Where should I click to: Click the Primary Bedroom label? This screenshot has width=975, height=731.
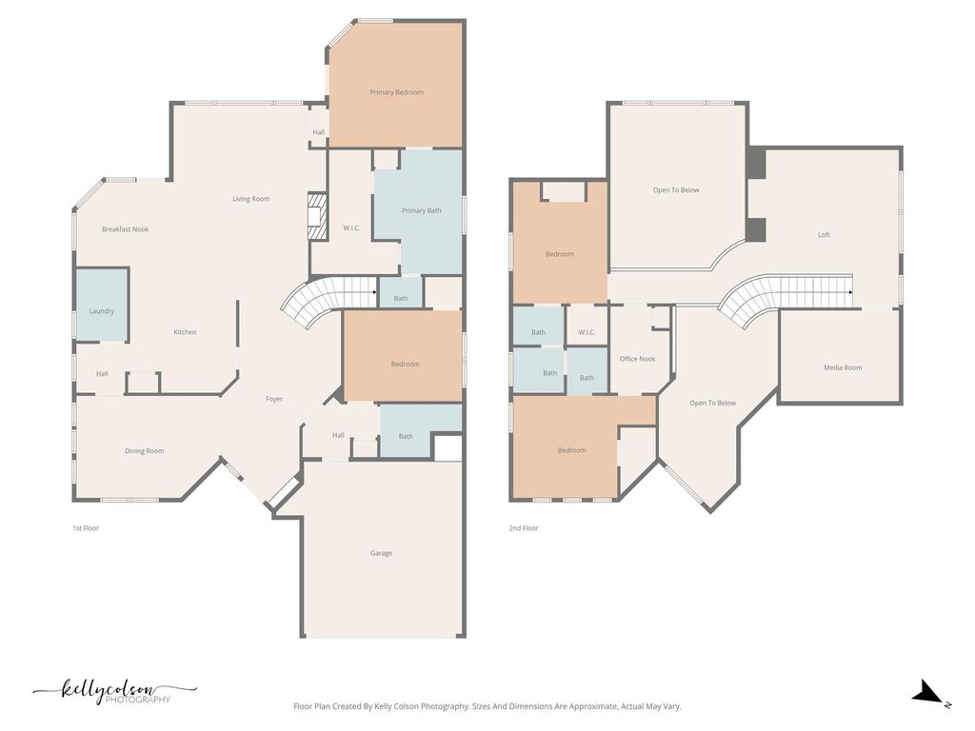396,92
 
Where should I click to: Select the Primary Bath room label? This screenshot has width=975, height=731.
421,210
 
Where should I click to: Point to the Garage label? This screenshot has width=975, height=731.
381,553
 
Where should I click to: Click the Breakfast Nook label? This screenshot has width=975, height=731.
126,229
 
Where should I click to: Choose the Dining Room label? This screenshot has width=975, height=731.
145,451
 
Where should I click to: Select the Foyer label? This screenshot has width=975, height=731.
274,399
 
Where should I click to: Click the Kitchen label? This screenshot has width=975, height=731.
185,332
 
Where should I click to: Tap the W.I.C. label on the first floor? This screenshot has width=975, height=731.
351,227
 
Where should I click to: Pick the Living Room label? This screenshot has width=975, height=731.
251,199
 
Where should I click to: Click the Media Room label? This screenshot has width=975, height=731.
843,367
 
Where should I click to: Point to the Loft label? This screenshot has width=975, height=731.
824,235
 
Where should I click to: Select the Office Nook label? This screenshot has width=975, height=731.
637,359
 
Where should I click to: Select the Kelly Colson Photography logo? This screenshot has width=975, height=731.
114,692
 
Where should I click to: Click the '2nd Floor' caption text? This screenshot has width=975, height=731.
523,527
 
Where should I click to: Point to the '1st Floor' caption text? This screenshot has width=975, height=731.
86,527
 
